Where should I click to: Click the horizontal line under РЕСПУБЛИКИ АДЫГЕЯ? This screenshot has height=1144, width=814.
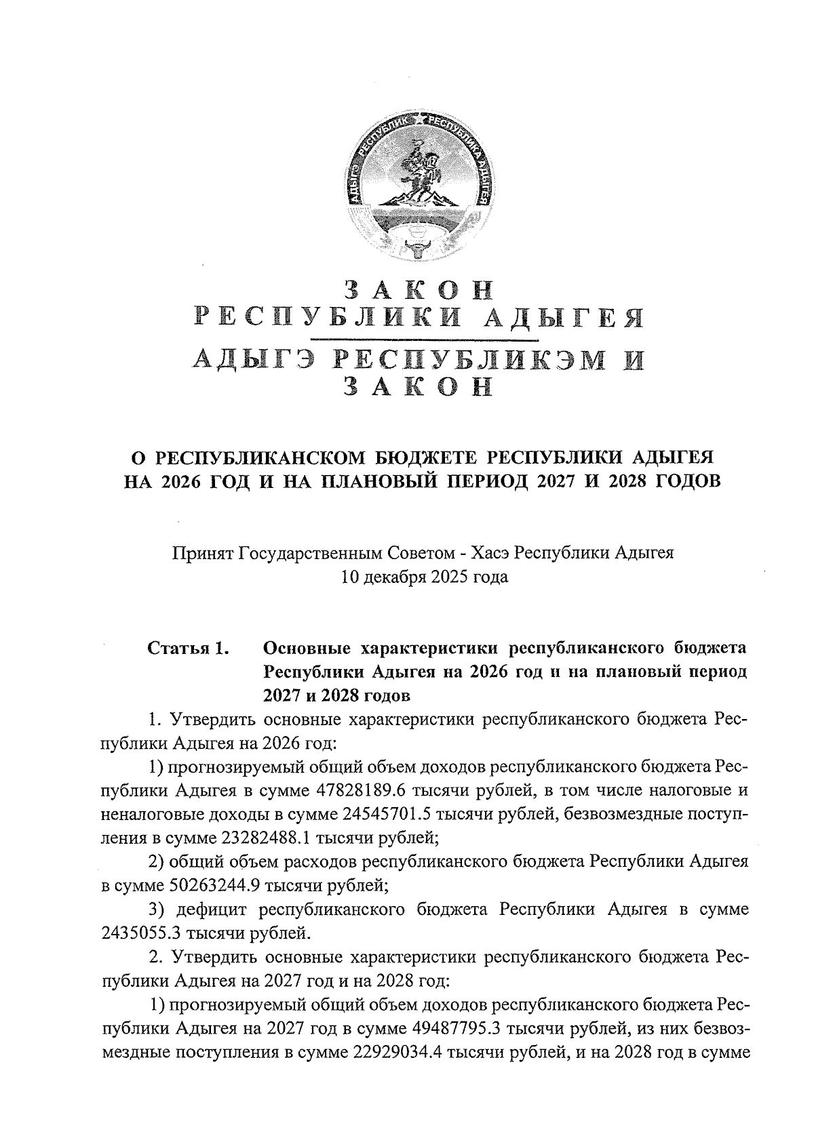point(424,338)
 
